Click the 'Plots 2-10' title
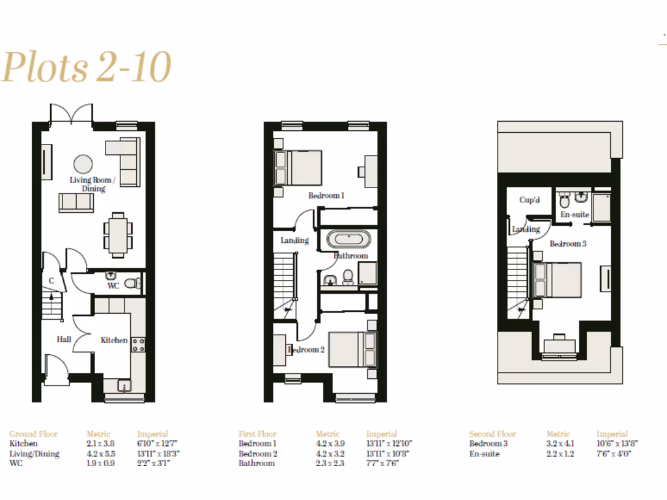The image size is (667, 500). click(86, 67)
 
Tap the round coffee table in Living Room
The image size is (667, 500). click(83, 163)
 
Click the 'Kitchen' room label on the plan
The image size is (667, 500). click(114, 340)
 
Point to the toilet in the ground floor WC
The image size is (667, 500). click(134, 283)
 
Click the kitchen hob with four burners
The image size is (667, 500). click(138, 344)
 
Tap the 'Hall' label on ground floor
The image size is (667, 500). click(64, 339)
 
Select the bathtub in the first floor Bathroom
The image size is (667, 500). click(350, 239)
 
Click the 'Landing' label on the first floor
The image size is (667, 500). click(294, 240)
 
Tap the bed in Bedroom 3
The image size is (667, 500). click(557, 280)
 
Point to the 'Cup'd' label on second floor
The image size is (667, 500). click(530, 200)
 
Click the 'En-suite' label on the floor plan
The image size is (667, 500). click(575, 214)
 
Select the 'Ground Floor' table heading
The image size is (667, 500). click(33, 434)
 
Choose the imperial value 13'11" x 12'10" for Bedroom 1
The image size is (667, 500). click(389, 444)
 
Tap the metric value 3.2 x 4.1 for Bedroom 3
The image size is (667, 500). click(560, 444)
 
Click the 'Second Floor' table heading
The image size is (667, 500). click(492, 434)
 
